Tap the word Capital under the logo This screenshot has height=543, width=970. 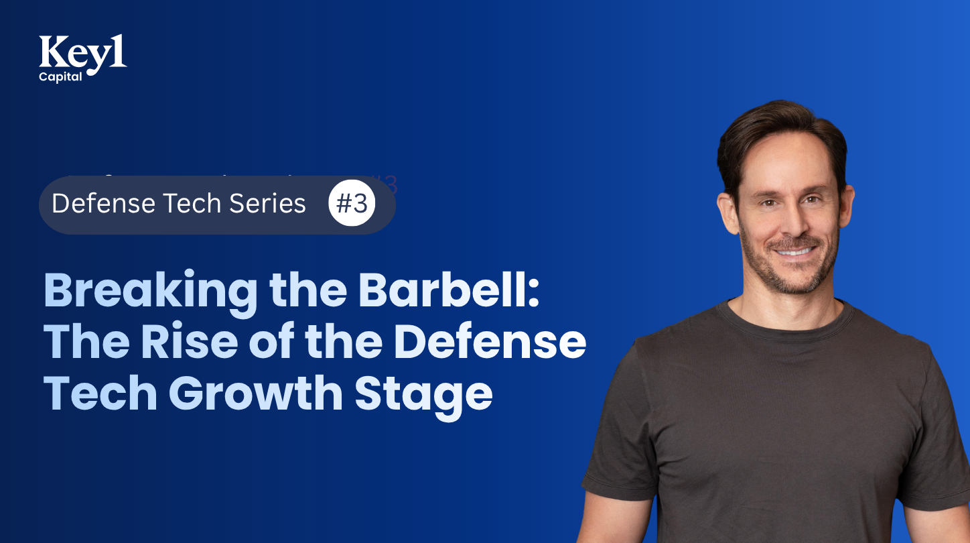tap(60, 76)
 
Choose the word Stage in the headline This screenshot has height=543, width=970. tap(423, 394)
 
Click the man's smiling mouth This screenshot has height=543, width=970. tap(793, 251)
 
